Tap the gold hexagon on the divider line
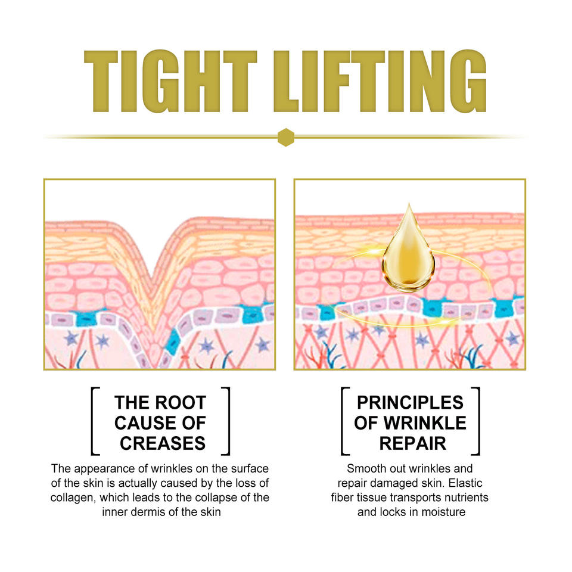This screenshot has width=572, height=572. [x=286, y=137]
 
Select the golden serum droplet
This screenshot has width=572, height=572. [x=408, y=250]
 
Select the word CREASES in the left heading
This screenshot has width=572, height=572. [x=162, y=443]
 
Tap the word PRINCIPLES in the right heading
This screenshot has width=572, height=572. [x=410, y=403]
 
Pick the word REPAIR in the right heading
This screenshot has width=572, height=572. [x=412, y=443]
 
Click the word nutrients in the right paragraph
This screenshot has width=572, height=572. [x=467, y=497]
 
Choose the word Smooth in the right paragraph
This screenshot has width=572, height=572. [x=366, y=468]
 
